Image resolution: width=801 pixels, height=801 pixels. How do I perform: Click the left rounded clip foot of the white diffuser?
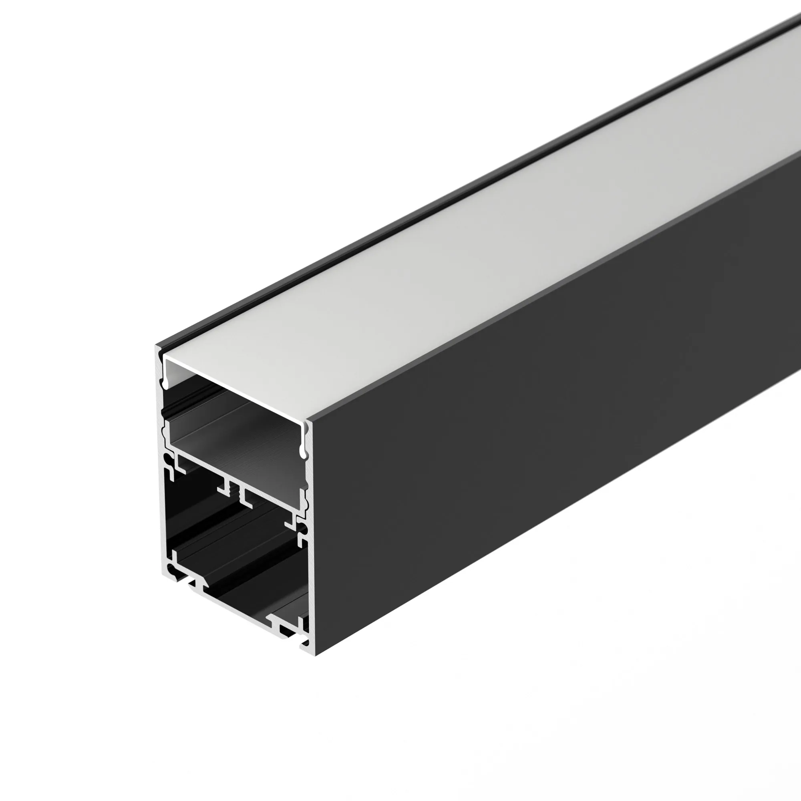click(x=166, y=386)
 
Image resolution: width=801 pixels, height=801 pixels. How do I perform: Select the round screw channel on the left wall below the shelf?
click(x=169, y=460)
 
